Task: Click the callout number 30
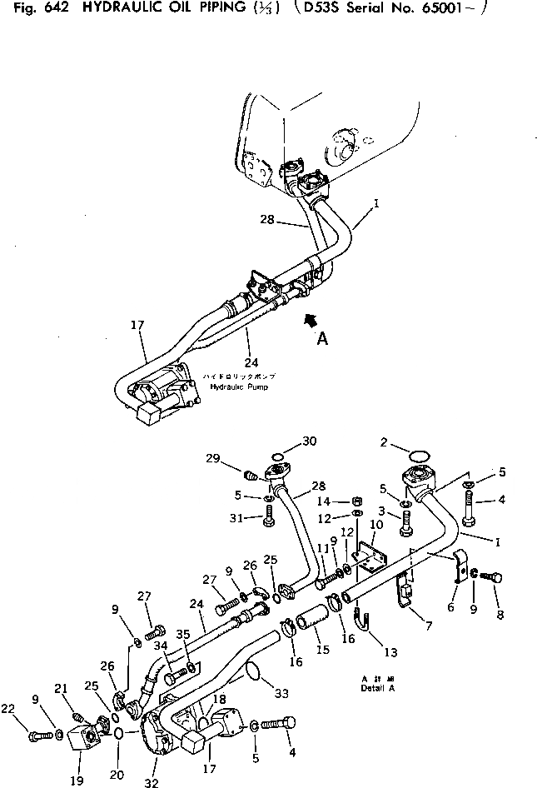click(x=286, y=441)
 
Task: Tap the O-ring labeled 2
click(x=421, y=456)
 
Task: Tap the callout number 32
click(x=151, y=782)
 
